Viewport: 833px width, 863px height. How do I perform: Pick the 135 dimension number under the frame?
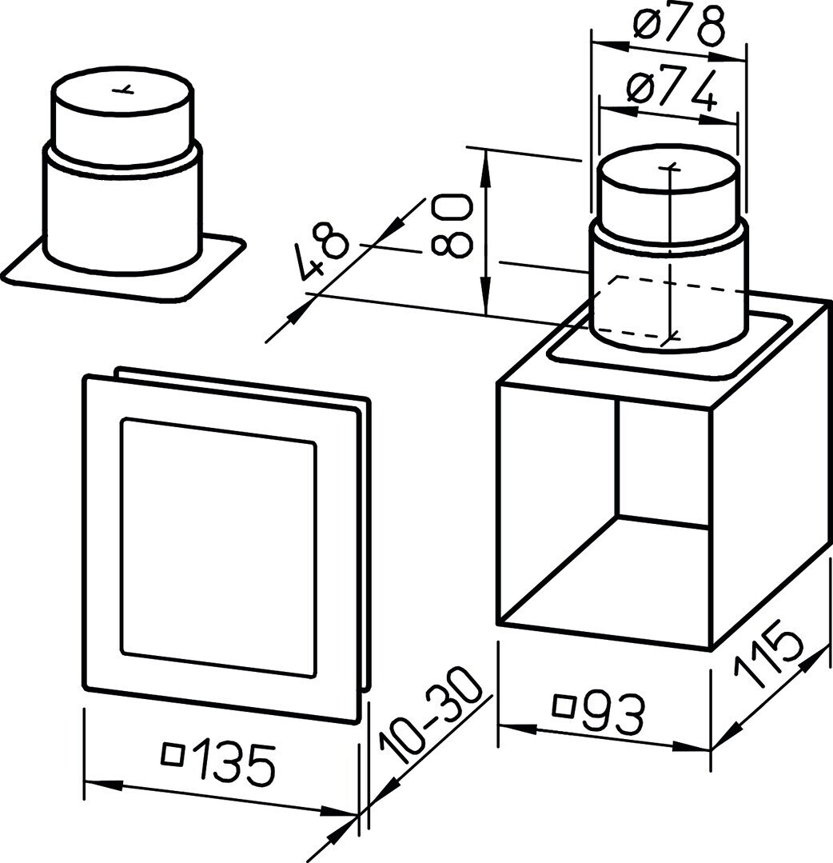[233, 763]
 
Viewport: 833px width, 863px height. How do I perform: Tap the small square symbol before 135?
[173, 753]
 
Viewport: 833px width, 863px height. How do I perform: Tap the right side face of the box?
[771, 473]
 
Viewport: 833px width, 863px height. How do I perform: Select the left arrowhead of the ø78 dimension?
[606, 43]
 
